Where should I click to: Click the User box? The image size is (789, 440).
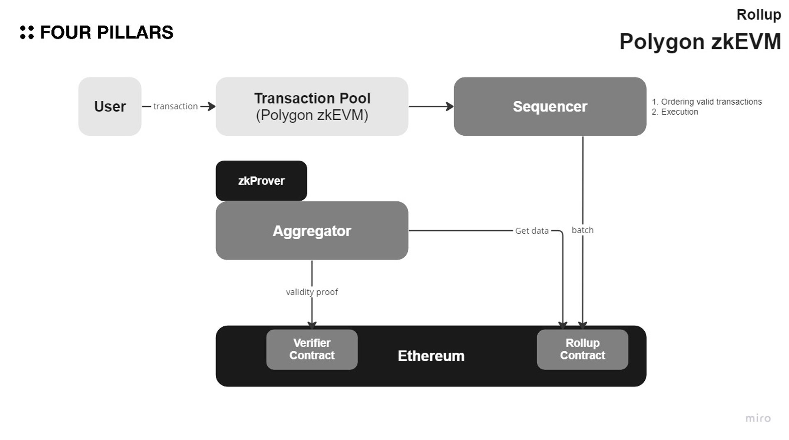click(110, 107)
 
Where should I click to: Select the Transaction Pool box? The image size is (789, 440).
click(312, 107)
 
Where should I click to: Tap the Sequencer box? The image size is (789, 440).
click(550, 107)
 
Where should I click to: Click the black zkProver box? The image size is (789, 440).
click(261, 181)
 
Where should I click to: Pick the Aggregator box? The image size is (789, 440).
click(312, 231)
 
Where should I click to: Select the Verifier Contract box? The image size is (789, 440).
click(312, 349)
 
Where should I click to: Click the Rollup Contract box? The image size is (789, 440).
click(582, 349)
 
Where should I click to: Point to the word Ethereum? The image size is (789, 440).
click(431, 356)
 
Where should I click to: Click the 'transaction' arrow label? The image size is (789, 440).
click(175, 107)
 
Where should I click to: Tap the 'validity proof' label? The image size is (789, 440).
click(312, 292)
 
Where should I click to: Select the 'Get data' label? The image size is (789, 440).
click(532, 231)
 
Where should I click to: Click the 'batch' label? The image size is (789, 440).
click(582, 230)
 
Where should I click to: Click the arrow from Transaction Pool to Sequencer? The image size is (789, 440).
click(431, 107)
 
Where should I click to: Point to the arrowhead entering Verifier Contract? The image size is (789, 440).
click(312, 325)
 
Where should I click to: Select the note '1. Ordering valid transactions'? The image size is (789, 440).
click(707, 102)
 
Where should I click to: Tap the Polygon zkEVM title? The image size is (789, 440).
click(700, 42)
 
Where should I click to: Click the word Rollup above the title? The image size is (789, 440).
click(759, 15)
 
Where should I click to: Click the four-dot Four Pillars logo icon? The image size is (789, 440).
click(27, 32)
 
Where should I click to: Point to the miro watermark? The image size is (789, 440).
click(758, 418)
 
